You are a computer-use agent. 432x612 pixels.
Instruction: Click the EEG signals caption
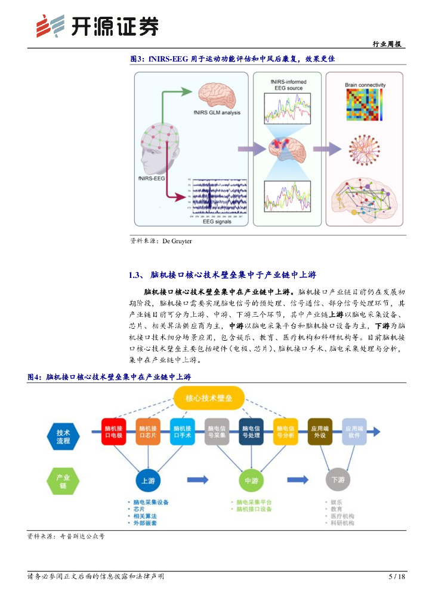click(217, 222)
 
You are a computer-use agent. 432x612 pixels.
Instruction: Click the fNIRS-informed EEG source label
click(288, 85)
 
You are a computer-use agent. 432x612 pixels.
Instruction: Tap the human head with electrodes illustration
click(157, 149)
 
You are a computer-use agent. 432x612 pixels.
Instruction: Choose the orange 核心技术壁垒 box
click(209, 397)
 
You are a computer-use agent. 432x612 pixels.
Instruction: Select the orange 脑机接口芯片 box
click(148, 432)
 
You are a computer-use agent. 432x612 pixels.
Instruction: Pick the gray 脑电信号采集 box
click(217, 432)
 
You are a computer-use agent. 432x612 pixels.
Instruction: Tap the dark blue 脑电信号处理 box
click(251, 432)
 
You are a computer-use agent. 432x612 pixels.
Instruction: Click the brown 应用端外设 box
click(320, 432)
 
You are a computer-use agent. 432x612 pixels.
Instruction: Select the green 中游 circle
click(251, 480)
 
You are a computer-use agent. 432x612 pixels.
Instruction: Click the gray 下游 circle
click(338, 480)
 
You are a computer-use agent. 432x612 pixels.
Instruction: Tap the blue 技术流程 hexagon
click(63, 437)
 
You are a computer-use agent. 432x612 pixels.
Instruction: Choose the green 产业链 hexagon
click(63, 482)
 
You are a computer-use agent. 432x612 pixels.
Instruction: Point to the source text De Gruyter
click(177, 241)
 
